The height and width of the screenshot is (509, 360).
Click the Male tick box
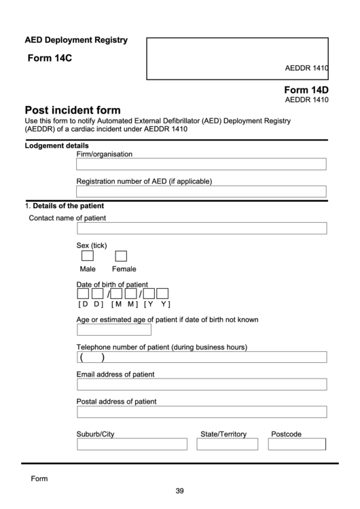pyautogui.click(x=88, y=256)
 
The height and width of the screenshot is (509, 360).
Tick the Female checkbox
pyautogui.click(x=121, y=256)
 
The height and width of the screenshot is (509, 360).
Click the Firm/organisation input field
pyautogui.click(x=201, y=164)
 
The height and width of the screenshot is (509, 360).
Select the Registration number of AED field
pyautogui.click(x=201, y=192)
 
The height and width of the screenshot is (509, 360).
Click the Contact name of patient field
pyautogui.click(x=201, y=228)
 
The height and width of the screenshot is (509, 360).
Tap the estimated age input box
pyautogui.click(x=105, y=330)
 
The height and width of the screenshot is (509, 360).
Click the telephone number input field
pyautogui.click(x=201, y=357)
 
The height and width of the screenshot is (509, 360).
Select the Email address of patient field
pyautogui.click(x=201, y=385)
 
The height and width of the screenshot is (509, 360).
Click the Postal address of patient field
pyautogui.click(x=201, y=412)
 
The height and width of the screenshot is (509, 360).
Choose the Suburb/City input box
pyautogui.click(x=132, y=444)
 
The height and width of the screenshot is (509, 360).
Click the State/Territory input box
pyautogui.click(x=228, y=444)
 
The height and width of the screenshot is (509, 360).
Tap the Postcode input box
pyautogui.click(x=297, y=444)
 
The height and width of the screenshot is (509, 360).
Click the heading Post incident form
pyautogui.click(x=73, y=110)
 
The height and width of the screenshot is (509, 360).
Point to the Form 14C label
pyautogui.click(x=50, y=58)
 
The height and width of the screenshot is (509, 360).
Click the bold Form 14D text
pyautogui.click(x=306, y=90)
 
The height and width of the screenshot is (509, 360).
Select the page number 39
pyautogui.click(x=179, y=491)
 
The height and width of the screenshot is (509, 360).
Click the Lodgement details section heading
pyautogui.click(x=56, y=145)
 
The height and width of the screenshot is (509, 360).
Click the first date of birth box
pyautogui.click(x=83, y=294)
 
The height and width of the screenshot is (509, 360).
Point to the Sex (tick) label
pyautogui.click(x=92, y=245)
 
